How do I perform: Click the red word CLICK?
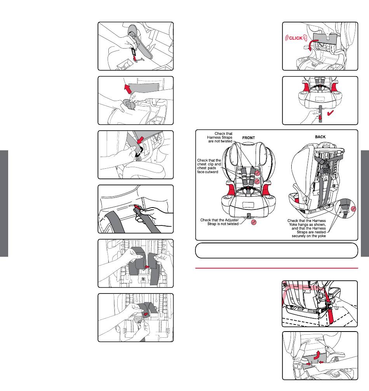click(296, 38)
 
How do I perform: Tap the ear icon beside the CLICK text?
click(305, 38)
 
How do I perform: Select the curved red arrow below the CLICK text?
click(312, 45)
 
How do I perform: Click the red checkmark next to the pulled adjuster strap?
click(331, 113)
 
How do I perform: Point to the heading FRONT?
click(249, 138)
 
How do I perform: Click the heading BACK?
click(320, 137)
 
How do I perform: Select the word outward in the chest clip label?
click(212, 172)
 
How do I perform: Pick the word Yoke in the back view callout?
click(293, 224)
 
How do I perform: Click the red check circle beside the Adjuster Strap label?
click(254, 222)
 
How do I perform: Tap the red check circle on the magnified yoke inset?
click(353, 209)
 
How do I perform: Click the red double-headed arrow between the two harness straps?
click(147, 267)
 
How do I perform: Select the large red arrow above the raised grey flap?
click(128, 89)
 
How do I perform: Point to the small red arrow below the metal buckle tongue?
click(135, 59)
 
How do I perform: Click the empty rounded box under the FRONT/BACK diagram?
click(277, 250)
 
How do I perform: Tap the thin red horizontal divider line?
click(277, 268)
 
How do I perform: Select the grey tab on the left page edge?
click(4, 204)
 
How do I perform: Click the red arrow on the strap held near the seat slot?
click(137, 207)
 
